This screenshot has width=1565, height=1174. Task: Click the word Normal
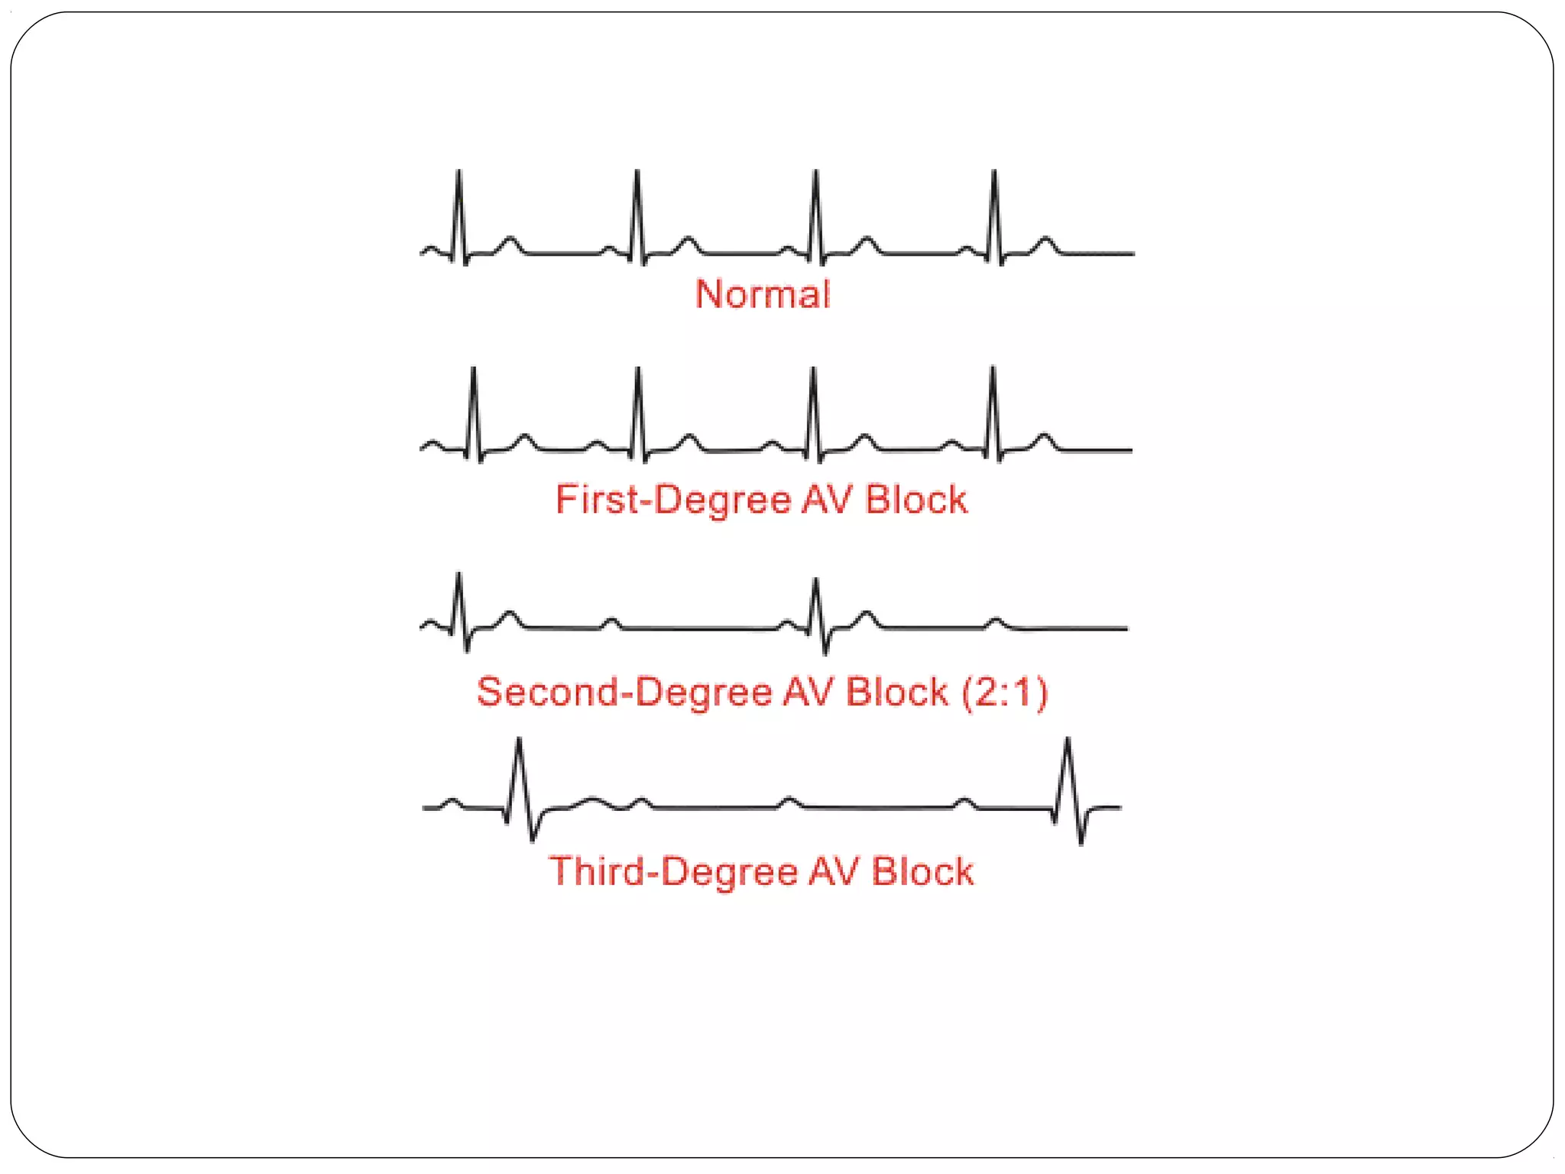coord(762,294)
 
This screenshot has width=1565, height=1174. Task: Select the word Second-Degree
coord(623,692)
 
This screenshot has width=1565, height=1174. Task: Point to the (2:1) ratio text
coord(1004,692)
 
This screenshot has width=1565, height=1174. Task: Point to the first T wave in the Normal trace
coord(510,244)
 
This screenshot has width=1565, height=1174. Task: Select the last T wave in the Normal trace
coord(1045,244)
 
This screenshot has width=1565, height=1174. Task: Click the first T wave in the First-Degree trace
coord(524,440)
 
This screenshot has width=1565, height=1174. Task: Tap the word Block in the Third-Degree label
coord(923,871)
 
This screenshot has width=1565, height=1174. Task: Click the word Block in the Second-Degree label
coord(897,692)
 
